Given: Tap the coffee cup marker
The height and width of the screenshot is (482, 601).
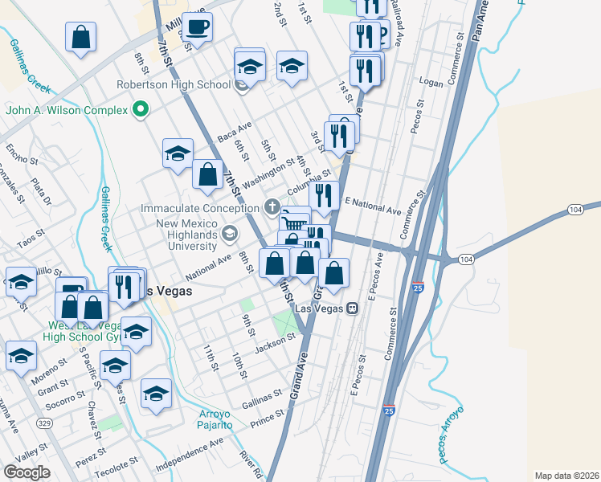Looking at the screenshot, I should pyautogui.click(x=197, y=28).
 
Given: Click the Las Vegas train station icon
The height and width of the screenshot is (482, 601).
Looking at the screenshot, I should pyautogui.click(x=352, y=308).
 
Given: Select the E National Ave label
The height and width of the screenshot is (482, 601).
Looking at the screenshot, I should pyautogui.click(x=372, y=206).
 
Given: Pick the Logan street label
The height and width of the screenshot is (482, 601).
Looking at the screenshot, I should pyautogui.click(x=431, y=83).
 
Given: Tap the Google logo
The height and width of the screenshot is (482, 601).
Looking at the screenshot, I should pyautogui.click(x=27, y=472).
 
